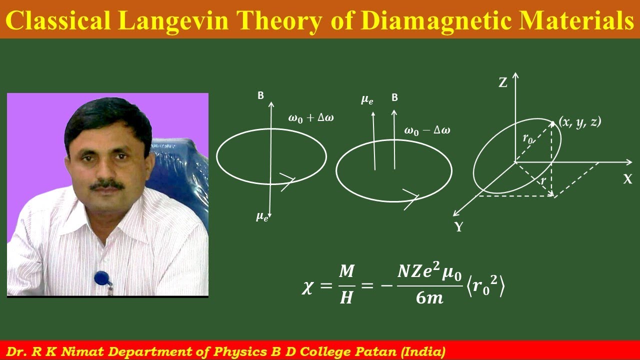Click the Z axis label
tap(503, 82)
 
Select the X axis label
tap(627, 179)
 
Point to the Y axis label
tap(458, 227)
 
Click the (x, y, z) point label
tap(579, 121)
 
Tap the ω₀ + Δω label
tap(311, 118)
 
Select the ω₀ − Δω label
tap(427, 131)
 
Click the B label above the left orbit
tap(260, 95)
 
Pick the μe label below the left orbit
tap(262, 216)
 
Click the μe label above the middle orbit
tap(367, 99)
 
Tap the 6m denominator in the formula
tap(429, 297)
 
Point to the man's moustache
tap(106, 185)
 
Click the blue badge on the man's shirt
tap(101, 276)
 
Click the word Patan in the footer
tap(377, 351)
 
